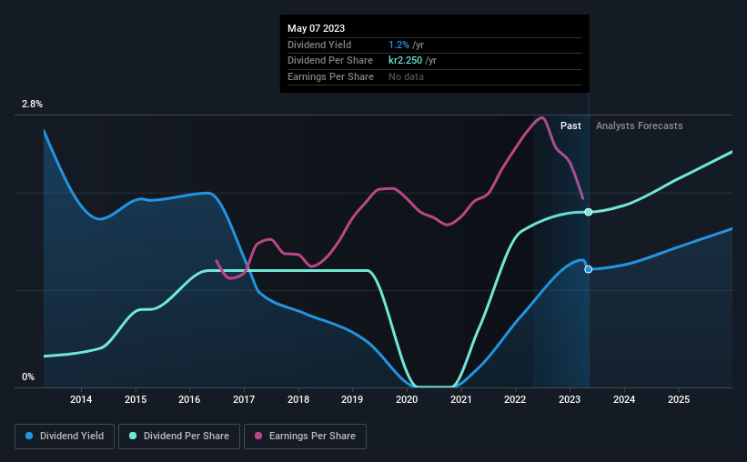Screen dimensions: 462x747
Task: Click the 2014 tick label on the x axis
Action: [81, 399]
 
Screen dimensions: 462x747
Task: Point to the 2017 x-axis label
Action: [244, 399]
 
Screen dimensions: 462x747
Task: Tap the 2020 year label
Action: [407, 399]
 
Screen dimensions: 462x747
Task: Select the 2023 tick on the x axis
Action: [570, 399]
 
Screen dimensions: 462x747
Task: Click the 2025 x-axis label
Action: [678, 399]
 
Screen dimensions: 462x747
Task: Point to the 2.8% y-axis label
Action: [32, 105]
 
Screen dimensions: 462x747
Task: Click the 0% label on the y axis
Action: [28, 377]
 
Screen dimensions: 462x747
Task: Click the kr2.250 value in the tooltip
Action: [407, 61]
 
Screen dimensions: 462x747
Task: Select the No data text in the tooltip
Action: [406, 76]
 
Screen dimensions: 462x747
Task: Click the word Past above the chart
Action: [570, 126]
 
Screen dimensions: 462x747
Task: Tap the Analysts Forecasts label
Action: [639, 126]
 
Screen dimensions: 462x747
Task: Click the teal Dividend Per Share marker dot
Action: [589, 212]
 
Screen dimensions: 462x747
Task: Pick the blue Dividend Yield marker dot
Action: [589, 269]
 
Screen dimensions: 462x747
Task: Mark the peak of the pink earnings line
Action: [541, 117]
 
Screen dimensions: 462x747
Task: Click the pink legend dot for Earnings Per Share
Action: [259, 437]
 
